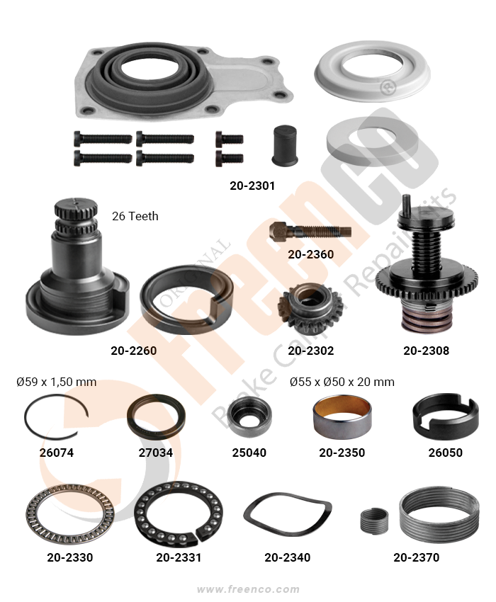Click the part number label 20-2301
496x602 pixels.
(252, 186)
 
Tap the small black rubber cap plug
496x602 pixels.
(285, 145)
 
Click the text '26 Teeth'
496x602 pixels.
(135, 216)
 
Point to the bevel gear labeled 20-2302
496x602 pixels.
(303, 308)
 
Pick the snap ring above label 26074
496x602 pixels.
(25, 419)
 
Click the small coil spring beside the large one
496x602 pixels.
(374, 521)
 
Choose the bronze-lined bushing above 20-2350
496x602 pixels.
(342, 417)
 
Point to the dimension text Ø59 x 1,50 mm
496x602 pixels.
(56, 382)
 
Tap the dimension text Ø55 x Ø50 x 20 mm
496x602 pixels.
(342, 382)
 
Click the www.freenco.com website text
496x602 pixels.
(248, 589)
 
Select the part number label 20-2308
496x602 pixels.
(426, 351)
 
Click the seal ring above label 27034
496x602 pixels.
(130, 417)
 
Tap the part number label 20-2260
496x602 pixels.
(134, 351)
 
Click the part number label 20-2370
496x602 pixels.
(416, 557)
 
